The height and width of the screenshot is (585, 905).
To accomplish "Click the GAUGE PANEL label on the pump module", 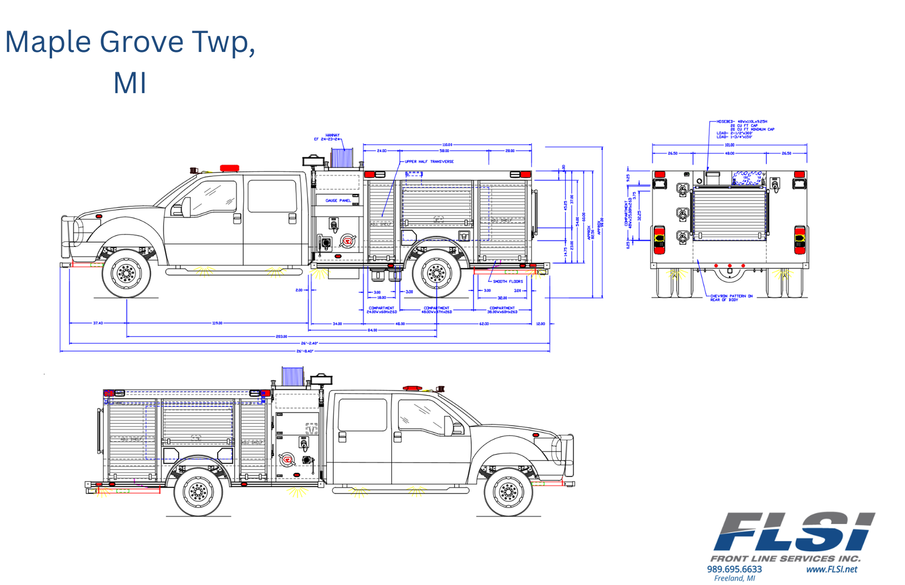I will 338,201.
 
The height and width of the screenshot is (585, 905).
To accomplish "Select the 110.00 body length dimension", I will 447,145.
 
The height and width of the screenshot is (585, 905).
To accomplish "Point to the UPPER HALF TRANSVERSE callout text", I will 429,162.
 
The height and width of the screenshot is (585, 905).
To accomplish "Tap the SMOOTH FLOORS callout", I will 507,281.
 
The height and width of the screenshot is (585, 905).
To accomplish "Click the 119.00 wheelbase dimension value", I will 217,323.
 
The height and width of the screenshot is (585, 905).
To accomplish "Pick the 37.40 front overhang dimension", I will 98,323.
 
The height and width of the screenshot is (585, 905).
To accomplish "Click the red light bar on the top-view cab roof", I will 230,168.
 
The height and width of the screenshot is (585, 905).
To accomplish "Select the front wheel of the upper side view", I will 126,274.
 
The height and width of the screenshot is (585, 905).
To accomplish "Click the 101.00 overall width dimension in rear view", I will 730,145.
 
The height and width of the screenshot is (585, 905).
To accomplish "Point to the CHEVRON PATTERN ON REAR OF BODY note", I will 731,297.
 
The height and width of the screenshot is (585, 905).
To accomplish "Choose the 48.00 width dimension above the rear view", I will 730,153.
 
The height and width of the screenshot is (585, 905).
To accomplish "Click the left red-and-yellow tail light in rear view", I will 660,240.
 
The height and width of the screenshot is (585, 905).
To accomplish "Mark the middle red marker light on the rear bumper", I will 730,266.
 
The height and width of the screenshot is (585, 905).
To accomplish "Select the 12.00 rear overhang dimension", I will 540,324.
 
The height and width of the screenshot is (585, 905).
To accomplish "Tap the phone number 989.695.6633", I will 734,569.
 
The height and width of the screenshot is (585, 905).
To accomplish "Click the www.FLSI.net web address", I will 831,569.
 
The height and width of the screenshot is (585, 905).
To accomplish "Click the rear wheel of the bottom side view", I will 199,492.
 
